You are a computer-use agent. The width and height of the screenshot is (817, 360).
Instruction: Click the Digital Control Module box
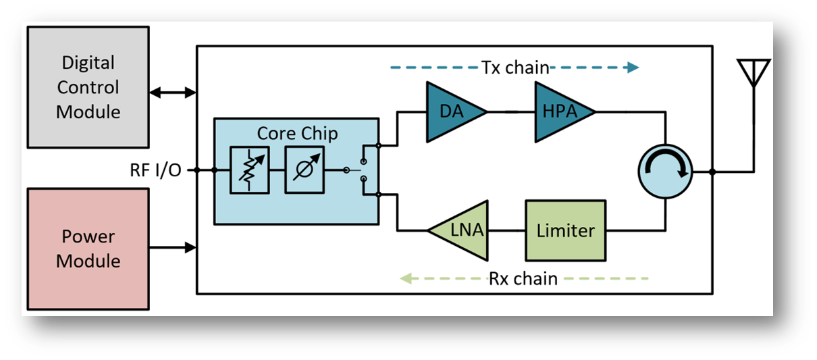point(88,87)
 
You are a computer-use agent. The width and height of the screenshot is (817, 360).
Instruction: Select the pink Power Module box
point(88,249)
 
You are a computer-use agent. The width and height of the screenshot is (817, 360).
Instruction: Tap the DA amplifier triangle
point(452,112)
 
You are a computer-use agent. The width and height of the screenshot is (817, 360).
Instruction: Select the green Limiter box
point(565,230)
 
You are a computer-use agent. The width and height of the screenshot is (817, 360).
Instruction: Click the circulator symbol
point(666,172)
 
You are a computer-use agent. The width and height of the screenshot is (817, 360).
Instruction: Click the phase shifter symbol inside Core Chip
point(303,171)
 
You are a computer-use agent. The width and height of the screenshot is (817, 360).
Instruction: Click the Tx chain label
point(515,68)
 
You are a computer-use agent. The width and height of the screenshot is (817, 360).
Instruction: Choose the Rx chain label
point(523,278)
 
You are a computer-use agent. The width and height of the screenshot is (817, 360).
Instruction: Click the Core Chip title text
point(297,133)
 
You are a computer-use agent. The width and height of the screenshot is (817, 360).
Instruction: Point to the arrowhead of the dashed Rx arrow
point(406,278)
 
